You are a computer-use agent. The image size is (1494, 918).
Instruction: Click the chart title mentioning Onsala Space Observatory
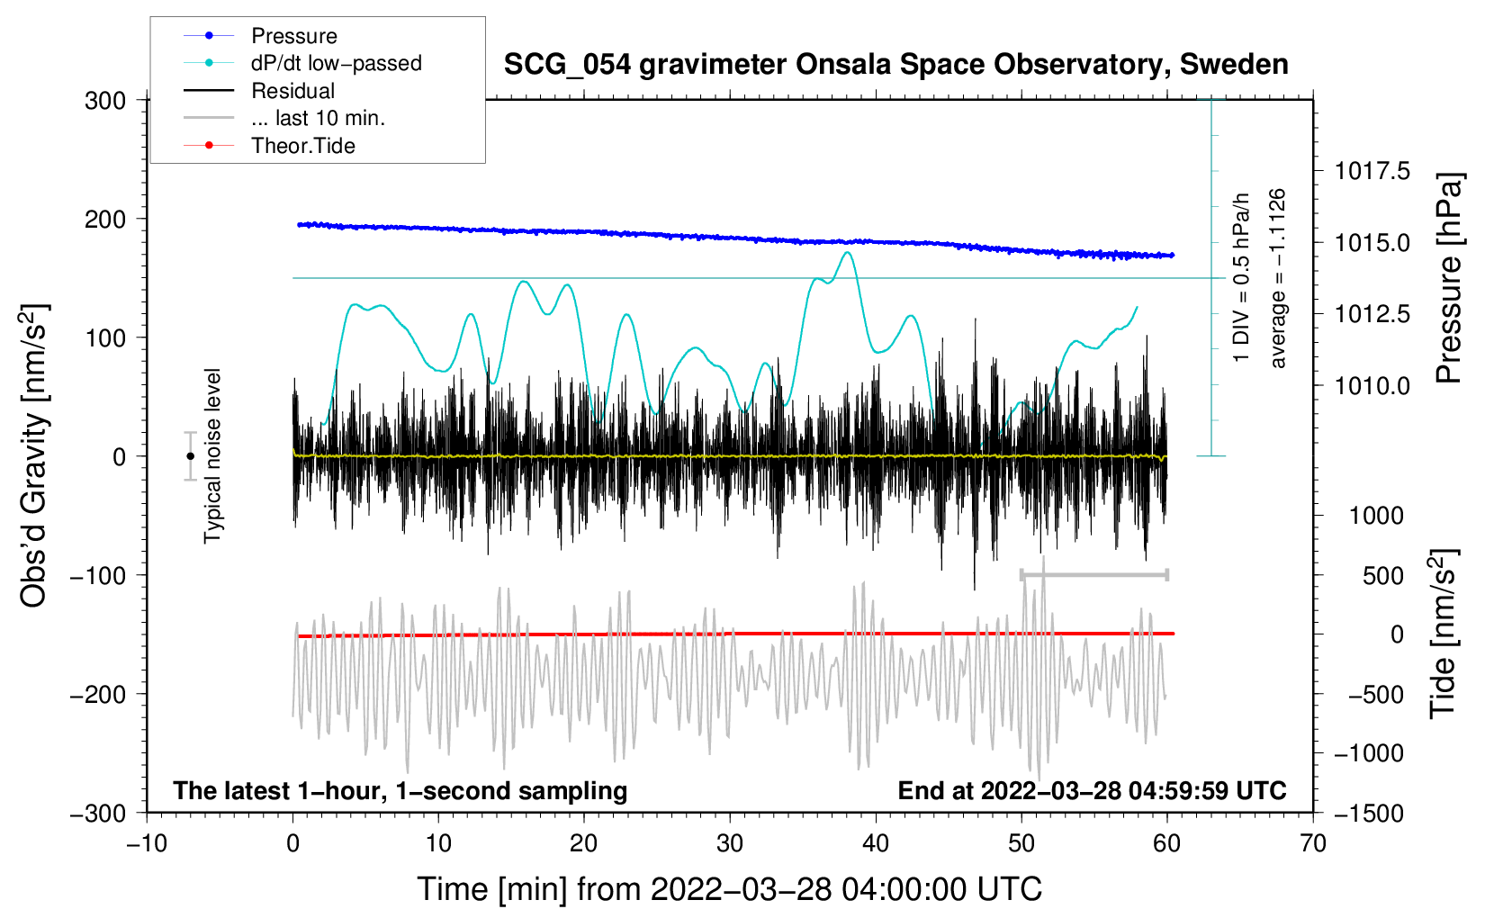[x=895, y=65]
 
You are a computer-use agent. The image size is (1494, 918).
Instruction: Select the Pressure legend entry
[x=293, y=36]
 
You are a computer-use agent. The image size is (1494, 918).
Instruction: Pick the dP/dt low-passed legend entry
[x=336, y=63]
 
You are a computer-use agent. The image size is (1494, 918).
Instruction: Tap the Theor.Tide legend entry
[x=302, y=146]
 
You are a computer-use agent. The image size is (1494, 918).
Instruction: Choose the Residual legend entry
[x=292, y=91]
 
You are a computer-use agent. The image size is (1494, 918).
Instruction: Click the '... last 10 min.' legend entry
[x=317, y=118]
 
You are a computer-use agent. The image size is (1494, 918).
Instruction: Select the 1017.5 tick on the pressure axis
[x=1372, y=171]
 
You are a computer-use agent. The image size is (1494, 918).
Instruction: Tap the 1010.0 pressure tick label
[x=1372, y=386]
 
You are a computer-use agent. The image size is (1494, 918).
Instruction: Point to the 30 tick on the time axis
[x=730, y=844]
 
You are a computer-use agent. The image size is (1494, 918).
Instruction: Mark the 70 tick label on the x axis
[x=1313, y=844]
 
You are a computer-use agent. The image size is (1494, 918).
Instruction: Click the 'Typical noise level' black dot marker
[x=190, y=456]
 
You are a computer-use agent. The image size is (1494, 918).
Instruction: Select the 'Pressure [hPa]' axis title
[x=1448, y=279]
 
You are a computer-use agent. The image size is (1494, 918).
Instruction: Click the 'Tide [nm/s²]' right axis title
[x=1443, y=634]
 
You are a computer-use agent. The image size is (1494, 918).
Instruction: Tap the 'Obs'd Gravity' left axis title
[x=34, y=456]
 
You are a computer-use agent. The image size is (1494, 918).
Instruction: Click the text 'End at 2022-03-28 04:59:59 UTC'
[x=1092, y=791]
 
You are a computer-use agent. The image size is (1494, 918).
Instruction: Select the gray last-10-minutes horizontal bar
[x=1093, y=574]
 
